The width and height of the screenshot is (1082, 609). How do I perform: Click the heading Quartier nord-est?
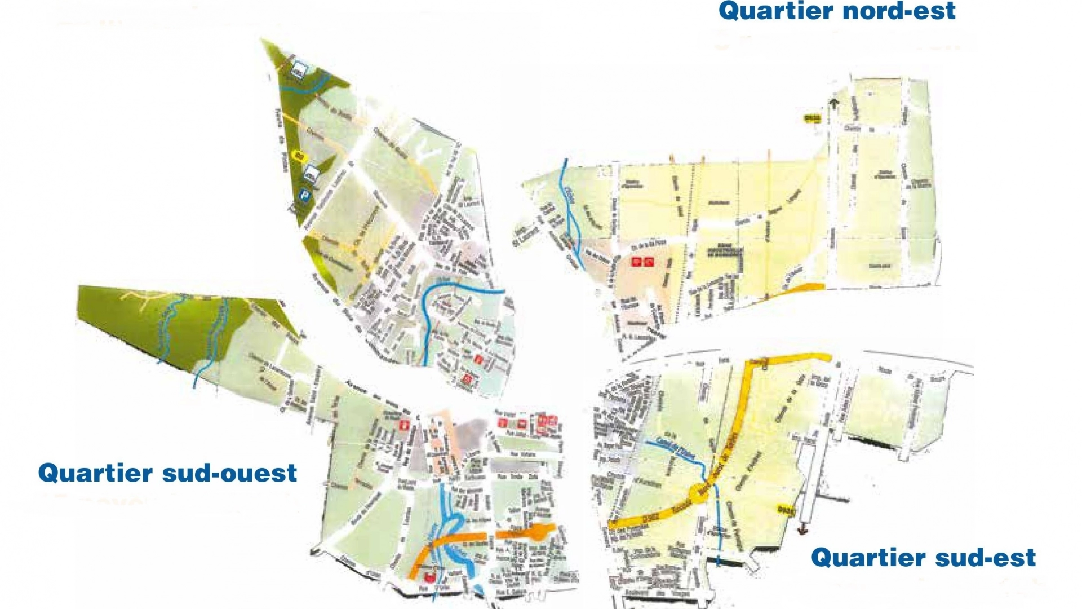(837, 11)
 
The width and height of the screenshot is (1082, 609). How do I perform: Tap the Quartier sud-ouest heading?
(167, 473)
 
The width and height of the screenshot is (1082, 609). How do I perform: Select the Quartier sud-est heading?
(923, 557)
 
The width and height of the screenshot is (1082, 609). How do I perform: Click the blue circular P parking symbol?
(305, 195)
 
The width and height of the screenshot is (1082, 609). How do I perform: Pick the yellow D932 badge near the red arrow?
(786, 509)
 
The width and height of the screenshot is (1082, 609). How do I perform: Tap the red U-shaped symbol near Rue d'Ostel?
(431, 577)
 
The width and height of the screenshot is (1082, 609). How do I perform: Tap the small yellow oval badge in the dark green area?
(300, 154)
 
